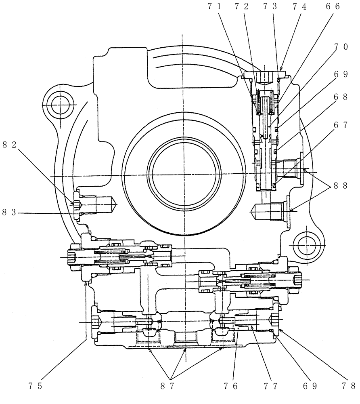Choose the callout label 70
pos(340,47)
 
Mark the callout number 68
pos(340,98)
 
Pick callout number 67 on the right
pos(340,126)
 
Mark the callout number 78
pos(348,386)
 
